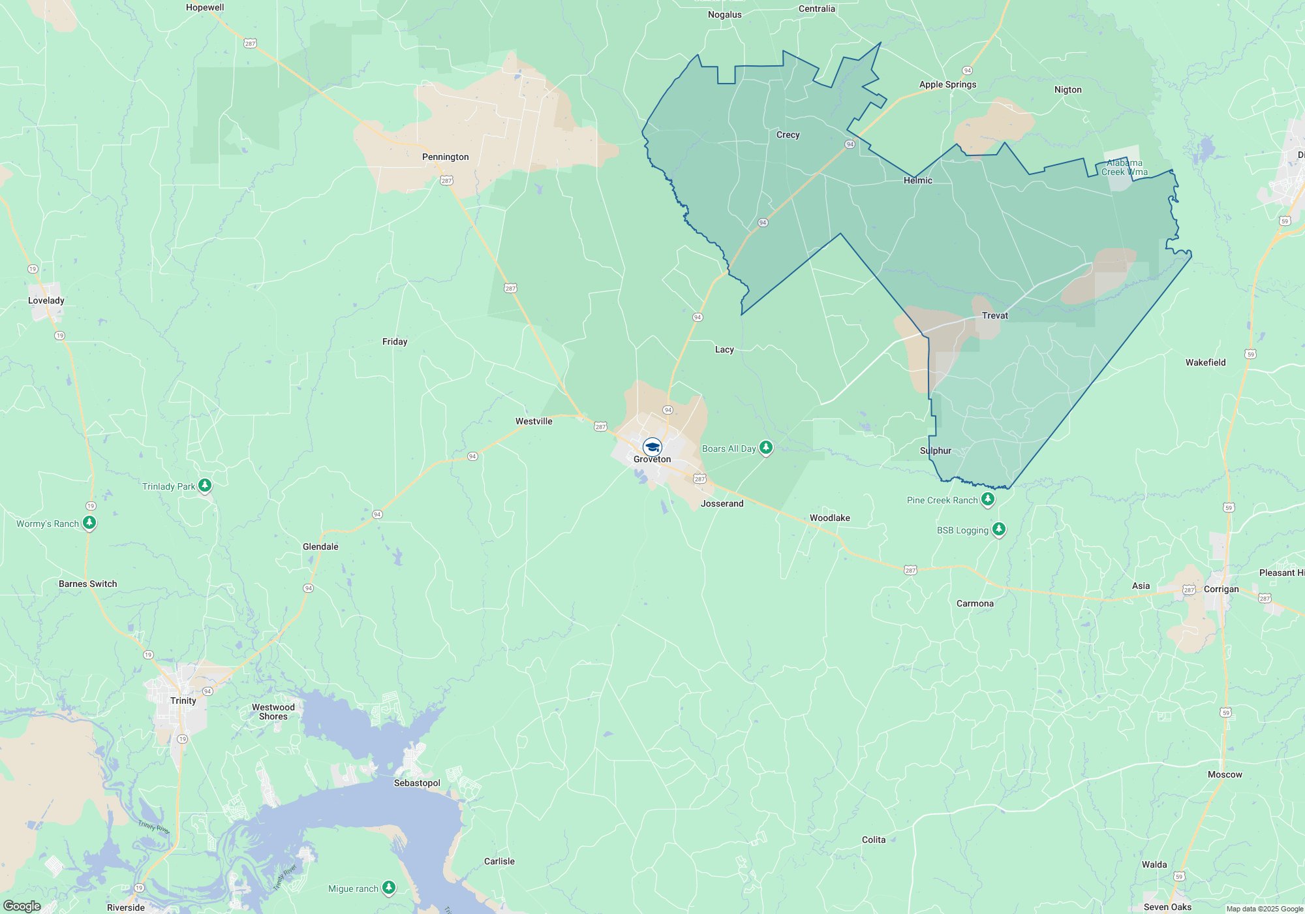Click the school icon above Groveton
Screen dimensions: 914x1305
(652, 447)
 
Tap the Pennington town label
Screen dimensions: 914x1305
(445, 157)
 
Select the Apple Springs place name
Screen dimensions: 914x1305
(947, 84)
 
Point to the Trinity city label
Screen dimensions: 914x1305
(183, 701)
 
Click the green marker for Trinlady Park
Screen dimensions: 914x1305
(205, 485)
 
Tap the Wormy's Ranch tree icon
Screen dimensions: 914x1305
(89, 523)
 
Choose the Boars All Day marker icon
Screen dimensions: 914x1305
(766, 448)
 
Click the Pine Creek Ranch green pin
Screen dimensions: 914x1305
(988, 499)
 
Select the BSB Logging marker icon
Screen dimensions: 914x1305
(998, 529)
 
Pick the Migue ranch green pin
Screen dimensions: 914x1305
(389, 887)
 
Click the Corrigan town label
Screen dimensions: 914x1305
(1221, 589)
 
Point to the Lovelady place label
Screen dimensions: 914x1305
(46, 300)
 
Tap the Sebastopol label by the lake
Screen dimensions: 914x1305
(417, 783)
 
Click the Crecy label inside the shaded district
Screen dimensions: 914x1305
(788, 134)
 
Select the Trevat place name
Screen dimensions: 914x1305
(995, 315)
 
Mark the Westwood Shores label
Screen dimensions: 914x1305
(273, 712)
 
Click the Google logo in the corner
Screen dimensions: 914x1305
(22, 906)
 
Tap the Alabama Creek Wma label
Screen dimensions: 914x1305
(1124, 167)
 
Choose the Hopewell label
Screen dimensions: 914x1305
(205, 8)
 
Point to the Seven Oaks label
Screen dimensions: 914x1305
(1167, 907)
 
